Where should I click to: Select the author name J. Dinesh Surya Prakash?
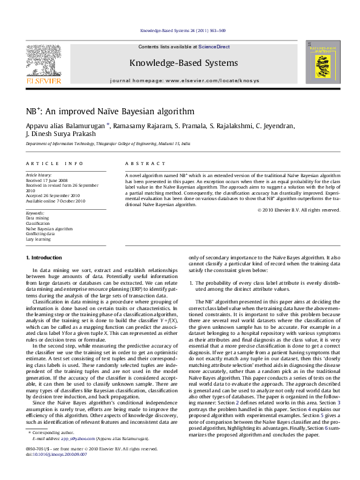coord(61,134)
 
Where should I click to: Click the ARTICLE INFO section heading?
coord(54,164)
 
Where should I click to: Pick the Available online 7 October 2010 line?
coord(56,201)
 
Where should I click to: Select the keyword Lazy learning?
coord(39,239)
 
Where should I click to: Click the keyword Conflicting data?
coord(42,234)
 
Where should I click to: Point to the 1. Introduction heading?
coord(45,258)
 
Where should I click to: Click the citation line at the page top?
coord(183,30)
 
